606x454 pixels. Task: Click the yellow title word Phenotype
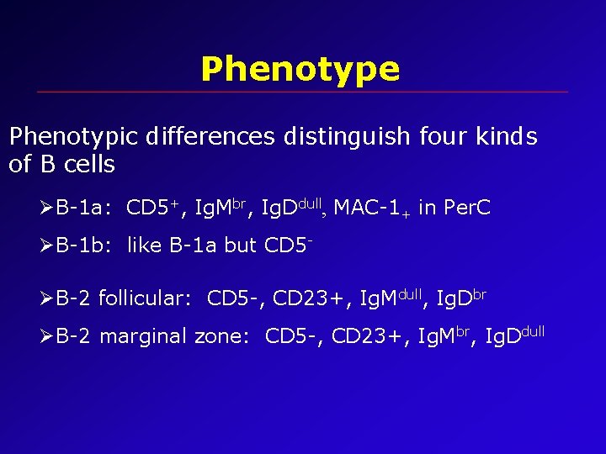(x=300, y=69)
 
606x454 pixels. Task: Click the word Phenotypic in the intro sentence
(x=73, y=137)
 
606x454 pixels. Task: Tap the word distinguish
(x=340, y=137)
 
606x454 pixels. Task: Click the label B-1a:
(x=86, y=208)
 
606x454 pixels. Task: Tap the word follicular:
(x=146, y=298)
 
